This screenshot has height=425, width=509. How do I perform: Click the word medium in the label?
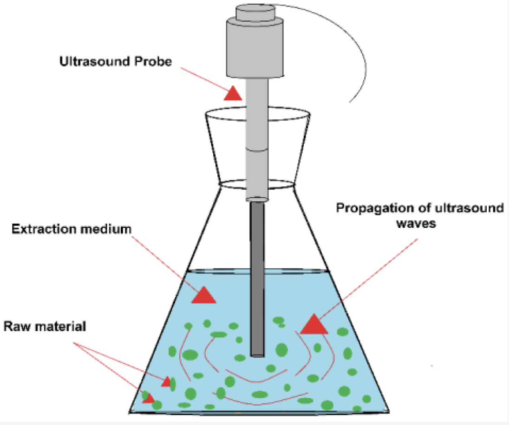tap(108, 229)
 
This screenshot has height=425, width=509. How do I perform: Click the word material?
tap(59, 326)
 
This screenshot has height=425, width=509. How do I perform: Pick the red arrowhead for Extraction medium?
tap(203, 295)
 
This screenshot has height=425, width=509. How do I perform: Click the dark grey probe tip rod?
tap(257, 278)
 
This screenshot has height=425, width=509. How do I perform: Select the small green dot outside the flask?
tap(432, 367)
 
